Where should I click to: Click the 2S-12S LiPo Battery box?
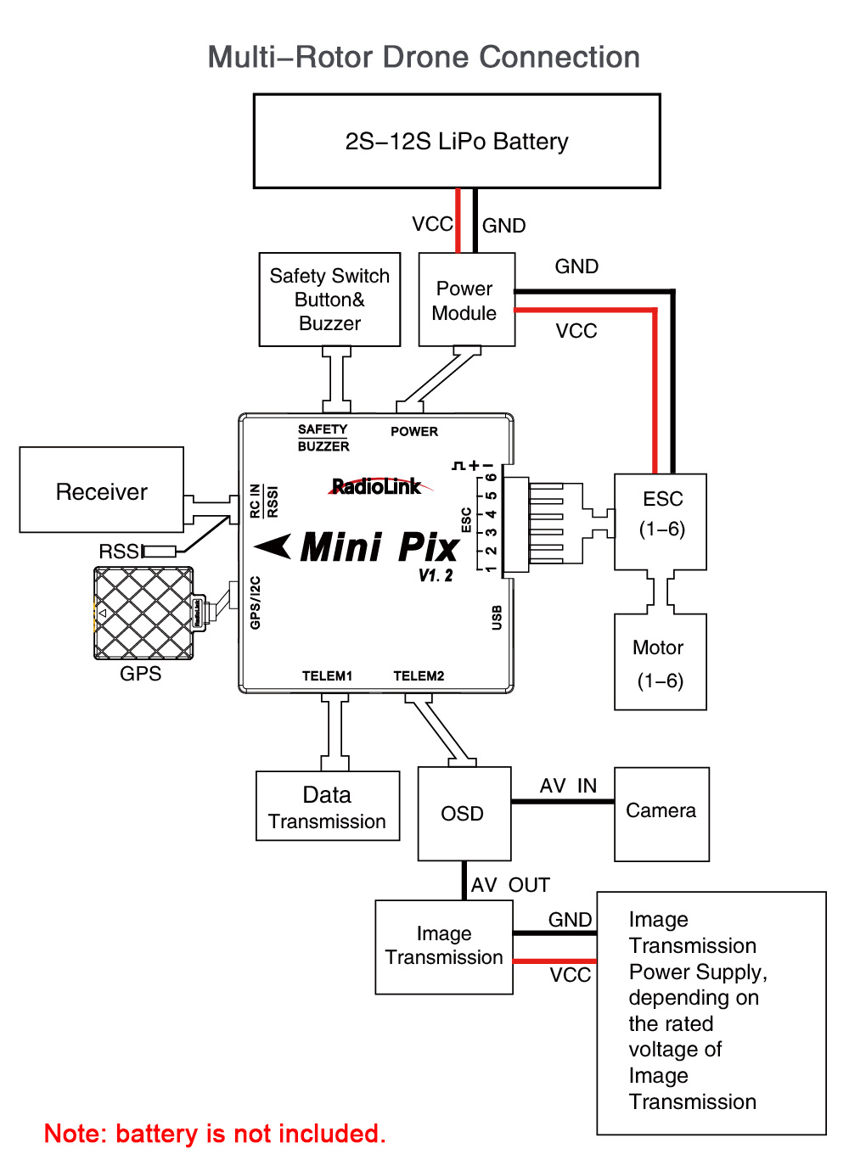(x=457, y=141)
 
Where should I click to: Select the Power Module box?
(x=466, y=300)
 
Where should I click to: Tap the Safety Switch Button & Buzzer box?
(x=329, y=300)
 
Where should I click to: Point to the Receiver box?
(x=102, y=490)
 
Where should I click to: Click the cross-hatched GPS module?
(x=143, y=614)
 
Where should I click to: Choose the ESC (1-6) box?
(x=661, y=521)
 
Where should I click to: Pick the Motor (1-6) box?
(x=660, y=662)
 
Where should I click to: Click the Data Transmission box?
(x=328, y=806)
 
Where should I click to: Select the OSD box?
(x=464, y=814)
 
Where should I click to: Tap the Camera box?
(x=661, y=814)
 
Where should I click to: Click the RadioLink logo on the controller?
(x=377, y=486)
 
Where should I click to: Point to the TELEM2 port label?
(x=419, y=676)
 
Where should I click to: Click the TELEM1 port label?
(x=327, y=676)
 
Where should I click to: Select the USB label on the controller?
(x=497, y=618)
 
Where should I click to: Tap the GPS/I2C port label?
(x=256, y=603)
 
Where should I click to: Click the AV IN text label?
(x=568, y=786)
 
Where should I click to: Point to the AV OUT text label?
(x=510, y=885)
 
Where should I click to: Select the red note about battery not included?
(x=215, y=1134)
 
